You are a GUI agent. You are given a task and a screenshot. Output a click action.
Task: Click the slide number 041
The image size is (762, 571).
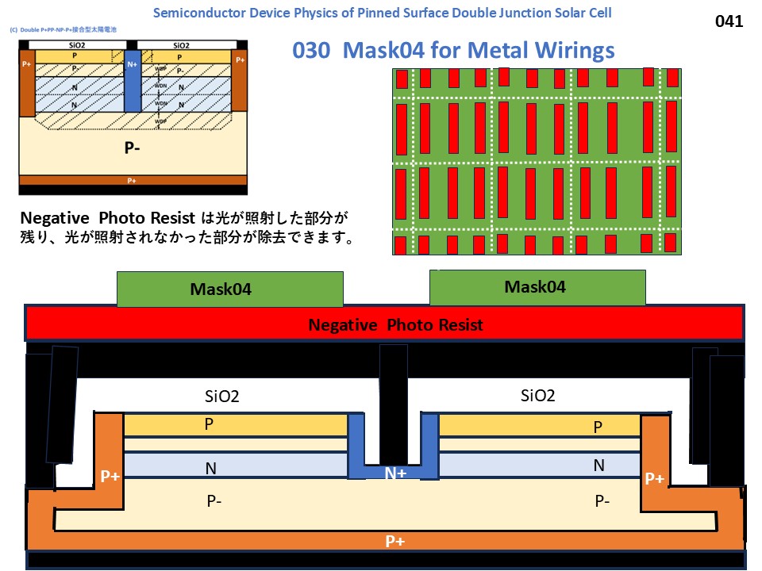[729, 21]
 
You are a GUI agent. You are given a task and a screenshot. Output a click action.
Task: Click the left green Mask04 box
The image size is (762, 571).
[230, 289]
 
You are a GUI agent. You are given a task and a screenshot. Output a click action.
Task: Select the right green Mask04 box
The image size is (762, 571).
[537, 287]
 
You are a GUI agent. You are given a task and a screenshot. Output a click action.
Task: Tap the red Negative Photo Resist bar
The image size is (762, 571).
[384, 324]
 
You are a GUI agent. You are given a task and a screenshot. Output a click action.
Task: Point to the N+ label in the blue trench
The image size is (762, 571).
[395, 473]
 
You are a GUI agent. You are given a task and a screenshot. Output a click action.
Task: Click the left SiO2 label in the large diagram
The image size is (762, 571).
[221, 397]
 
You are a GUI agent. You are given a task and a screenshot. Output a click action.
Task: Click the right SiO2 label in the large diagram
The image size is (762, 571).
[537, 396]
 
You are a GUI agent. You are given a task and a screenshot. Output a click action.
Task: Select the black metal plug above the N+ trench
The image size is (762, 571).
[393, 404]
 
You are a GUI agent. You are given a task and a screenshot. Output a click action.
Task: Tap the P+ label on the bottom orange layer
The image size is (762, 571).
[395, 541]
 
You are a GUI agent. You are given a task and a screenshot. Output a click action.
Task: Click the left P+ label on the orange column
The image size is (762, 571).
[110, 477]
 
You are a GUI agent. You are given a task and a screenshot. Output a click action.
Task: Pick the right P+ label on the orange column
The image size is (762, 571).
[654, 478]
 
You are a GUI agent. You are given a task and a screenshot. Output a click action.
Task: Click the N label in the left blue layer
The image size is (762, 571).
[211, 468]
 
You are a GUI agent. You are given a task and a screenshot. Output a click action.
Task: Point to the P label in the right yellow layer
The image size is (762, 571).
[598, 427]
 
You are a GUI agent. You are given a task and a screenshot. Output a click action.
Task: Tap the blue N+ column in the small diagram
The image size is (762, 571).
[133, 79]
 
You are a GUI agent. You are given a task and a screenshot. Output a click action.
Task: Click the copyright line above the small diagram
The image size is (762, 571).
[63, 29]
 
